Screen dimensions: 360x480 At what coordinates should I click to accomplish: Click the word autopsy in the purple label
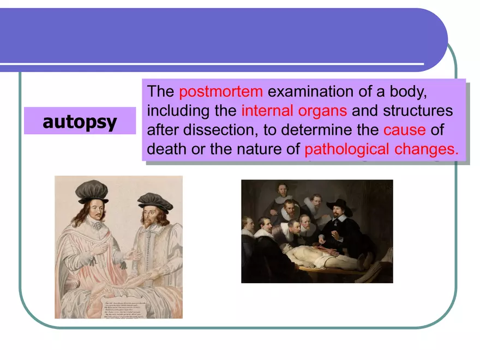[x=80, y=121]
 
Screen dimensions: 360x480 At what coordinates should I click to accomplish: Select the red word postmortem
[x=220, y=91]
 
